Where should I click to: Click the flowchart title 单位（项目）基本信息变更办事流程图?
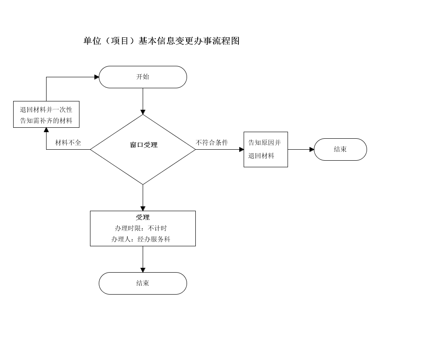(x=162, y=41)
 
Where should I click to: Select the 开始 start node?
(x=143, y=77)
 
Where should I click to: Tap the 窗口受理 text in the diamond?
(x=144, y=145)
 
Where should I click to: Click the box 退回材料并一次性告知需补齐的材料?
(x=46, y=115)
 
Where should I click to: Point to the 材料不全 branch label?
(x=68, y=143)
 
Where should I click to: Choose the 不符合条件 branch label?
(x=212, y=143)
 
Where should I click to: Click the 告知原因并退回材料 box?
(x=266, y=149)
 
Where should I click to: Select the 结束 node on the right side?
(x=340, y=149)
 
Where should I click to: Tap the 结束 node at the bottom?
(x=143, y=283)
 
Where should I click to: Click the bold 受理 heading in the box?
(x=143, y=217)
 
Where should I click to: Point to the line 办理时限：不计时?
(x=141, y=228)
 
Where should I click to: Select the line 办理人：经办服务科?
(x=141, y=239)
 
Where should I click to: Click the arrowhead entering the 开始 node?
(x=97, y=77)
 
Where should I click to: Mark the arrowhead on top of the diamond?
(x=143, y=112)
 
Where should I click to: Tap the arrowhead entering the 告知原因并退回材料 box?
(x=241, y=149)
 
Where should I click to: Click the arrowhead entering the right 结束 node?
(x=312, y=149)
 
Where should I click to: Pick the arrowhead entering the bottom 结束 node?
(x=143, y=270)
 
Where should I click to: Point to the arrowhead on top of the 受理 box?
(x=143, y=209)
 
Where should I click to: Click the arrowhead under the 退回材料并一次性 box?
(x=47, y=130)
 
